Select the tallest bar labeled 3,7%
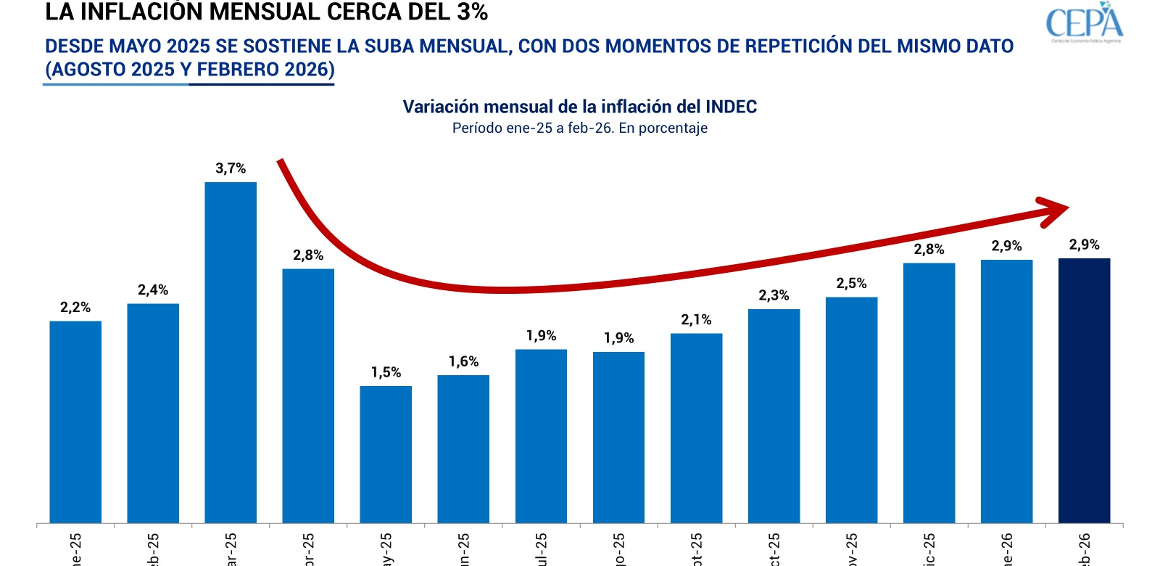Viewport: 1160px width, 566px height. coord(231,352)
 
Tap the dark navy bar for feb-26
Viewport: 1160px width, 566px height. coord(1084,390)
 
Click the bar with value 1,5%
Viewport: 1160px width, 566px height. coord(386,454)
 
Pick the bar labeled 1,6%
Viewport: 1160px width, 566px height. coord(463,448)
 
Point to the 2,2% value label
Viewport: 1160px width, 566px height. coord(75,308)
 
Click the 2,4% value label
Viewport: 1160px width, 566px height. coord(153,290)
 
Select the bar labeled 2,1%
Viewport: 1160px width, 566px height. coord(696,428)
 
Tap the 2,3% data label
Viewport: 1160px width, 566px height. coord(774,295)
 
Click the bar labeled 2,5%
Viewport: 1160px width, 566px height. coord(851,410)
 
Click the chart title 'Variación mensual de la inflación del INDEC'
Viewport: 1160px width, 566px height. coord(579,107)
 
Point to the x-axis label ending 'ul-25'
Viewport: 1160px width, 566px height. coord(541,550)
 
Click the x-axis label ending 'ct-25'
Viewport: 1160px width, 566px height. coord(774,550)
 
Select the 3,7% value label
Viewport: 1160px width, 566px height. coord(231,168)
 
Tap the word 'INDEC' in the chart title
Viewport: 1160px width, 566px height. coord(730,107)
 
